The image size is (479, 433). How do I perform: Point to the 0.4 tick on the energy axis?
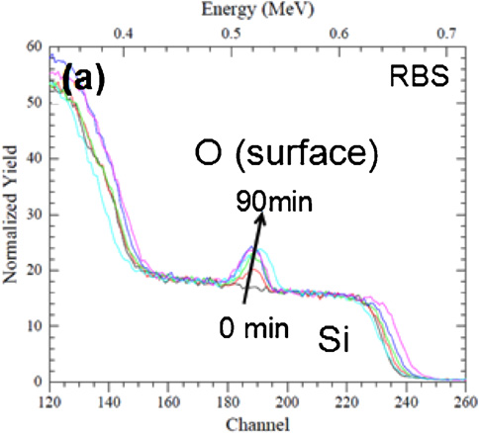[124, 34]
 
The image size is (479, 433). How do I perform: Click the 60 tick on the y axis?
[34, 46]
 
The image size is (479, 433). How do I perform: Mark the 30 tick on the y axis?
[34, 215]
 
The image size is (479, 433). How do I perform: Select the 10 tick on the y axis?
[34, 326]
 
